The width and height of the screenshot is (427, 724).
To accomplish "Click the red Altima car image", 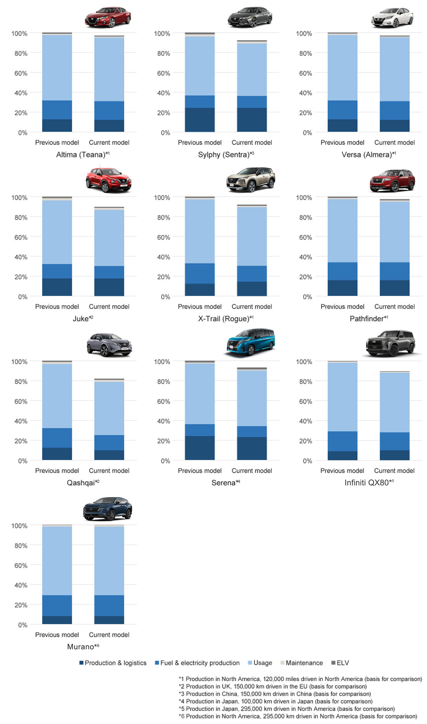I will click(x=108, y=17).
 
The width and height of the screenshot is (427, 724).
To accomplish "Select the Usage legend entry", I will click(x=260, y=663).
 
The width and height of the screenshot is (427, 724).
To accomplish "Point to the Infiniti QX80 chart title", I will click(x=369, y=483).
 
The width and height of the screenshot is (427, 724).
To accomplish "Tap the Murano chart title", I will click(x=83, y=646).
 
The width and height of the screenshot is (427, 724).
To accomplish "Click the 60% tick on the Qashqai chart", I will click(x=21, y=401).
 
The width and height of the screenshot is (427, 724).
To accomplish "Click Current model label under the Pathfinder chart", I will click(x=394, y=307).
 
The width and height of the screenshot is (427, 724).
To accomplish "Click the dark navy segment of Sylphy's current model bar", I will click(x=252, y=120).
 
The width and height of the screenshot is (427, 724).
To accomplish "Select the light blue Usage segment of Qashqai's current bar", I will click(x=109, y=408).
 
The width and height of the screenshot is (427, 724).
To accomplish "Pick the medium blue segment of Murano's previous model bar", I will click(x=57, y=606).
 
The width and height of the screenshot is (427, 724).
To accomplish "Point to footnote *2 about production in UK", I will click(x=273, y=686).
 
